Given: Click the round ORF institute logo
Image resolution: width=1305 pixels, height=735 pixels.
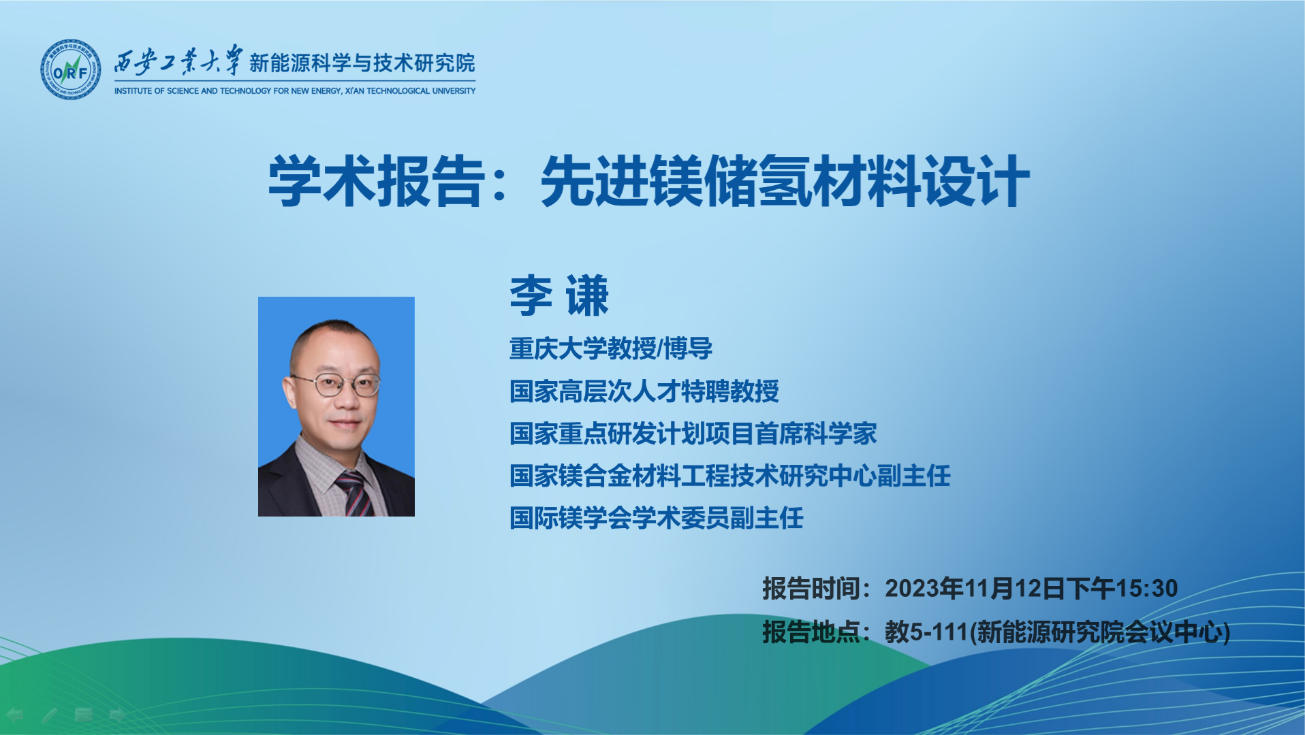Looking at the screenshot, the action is [71, 69].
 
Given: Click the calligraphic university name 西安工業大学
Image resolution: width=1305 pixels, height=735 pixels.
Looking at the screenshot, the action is [178, 61].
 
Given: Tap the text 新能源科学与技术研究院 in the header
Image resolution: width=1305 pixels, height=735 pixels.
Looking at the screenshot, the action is [362, 63].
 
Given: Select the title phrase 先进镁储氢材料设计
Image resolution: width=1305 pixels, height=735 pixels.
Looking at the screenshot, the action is [785, 180].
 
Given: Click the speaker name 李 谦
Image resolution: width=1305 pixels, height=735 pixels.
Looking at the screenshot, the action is [559, 295].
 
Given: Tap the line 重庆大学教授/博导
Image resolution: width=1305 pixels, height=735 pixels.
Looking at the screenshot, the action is [611, 348].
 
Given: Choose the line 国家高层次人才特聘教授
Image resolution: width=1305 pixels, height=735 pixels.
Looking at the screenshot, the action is [644, 391].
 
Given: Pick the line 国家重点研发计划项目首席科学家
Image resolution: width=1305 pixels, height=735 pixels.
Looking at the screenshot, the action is [693, 434].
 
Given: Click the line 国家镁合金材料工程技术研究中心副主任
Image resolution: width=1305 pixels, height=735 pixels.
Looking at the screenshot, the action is [730, 476].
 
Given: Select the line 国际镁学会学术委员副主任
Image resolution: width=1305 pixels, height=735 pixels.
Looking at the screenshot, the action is [657, 518].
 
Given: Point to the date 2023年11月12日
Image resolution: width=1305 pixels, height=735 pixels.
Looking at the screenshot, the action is [975, 589].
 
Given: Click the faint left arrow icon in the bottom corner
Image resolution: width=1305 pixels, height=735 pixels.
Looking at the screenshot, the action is [15, 715].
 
